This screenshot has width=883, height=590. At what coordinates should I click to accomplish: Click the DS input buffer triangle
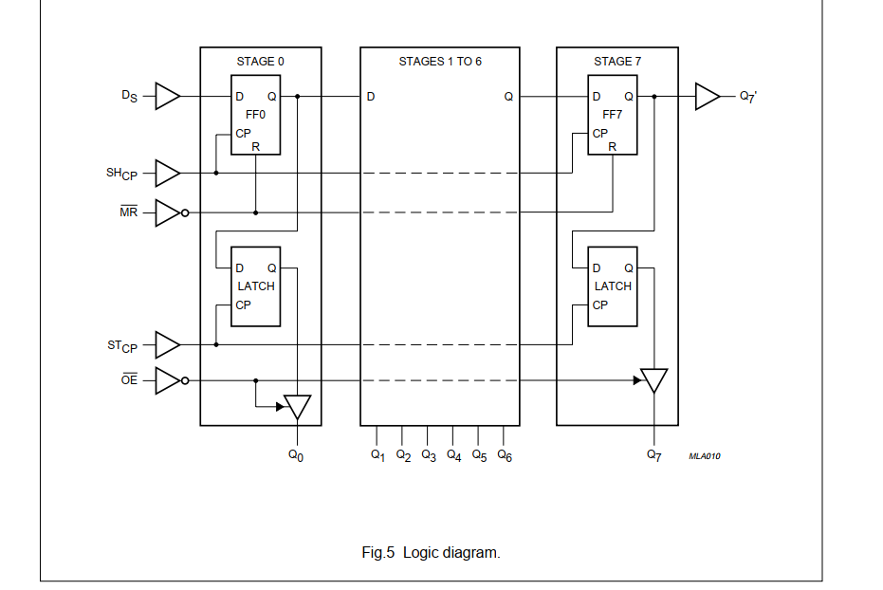(167, 96)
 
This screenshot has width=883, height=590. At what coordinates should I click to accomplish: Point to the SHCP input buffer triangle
(167, 173)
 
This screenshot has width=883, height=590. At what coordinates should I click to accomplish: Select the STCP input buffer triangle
(167, 344)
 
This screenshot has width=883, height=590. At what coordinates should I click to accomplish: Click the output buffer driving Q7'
(708, 96)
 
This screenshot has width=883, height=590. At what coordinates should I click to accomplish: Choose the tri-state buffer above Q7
(653, 380)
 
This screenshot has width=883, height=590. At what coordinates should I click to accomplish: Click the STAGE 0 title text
(260, 62)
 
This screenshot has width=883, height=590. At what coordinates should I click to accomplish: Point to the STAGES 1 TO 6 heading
(440, 62)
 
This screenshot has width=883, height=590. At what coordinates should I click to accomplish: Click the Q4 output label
(454, 455)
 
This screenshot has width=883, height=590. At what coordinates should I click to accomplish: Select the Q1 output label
(377, 455)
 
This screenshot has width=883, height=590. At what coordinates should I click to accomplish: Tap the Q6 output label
(505, 455)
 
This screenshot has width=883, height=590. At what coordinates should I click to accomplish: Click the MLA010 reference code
(705, 456)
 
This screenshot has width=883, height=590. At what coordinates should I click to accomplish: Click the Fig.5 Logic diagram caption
(431, 552)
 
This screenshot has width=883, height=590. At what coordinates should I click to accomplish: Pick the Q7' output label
(748, 97)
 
